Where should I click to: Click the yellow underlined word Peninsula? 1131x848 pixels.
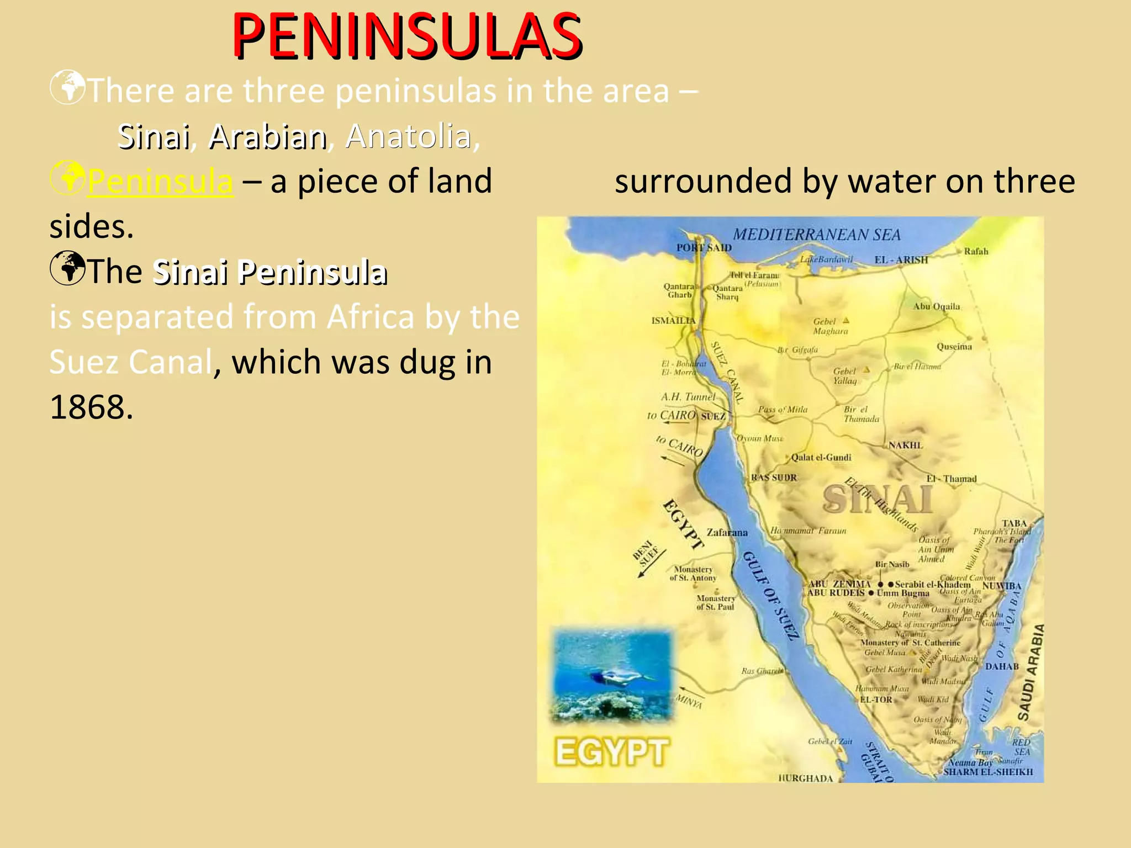coord(160,181)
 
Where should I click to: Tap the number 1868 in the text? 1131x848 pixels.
coord(91,407)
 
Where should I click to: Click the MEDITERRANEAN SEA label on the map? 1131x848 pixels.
coord(816,235)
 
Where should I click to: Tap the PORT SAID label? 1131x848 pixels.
coord(704,248)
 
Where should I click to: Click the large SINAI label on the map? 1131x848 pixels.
coord(876,500)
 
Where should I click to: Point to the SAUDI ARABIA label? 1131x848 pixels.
coord(1031,672)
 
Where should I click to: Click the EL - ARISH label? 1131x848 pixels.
coord(901,260)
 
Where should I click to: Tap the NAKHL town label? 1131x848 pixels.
coord(905,445)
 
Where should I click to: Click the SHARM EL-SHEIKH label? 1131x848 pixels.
coord(987,772)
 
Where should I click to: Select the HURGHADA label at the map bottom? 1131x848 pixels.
coord(805,778)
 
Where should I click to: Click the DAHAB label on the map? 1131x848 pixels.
coord(1002,666)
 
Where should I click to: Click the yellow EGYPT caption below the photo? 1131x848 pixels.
coord(612,752)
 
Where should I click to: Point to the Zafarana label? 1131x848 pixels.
coord(727,533)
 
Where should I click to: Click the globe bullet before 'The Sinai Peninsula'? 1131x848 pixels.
coord(67,268)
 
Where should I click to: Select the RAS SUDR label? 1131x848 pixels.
coord(774,478)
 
